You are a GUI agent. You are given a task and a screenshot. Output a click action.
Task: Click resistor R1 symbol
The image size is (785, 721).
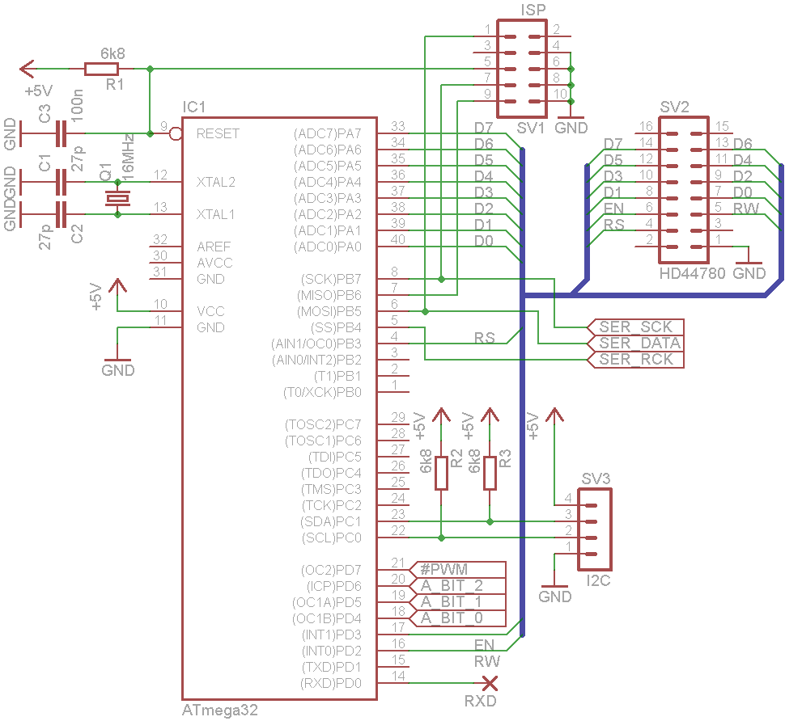coord(101,69)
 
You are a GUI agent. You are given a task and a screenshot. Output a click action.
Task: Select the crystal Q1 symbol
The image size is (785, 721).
coord(117,198)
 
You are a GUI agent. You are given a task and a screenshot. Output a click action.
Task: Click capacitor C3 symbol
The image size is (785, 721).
coord(61,133)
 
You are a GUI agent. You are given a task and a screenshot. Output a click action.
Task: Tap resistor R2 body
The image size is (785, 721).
coord(441,473)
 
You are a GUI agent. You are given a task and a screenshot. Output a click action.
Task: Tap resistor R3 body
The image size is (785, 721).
coord(490,473)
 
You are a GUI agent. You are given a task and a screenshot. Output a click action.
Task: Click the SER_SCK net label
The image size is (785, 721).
coord(635,327)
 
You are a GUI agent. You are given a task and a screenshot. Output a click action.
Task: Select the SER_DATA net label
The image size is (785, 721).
coord(635,344)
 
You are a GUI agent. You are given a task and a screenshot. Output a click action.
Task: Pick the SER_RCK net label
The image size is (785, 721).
coord(635,360)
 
